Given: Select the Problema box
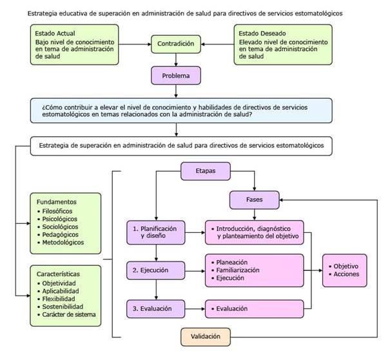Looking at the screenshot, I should tap(176, 76).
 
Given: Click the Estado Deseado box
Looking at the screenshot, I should tap(282, 45).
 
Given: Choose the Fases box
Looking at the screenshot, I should tap(254, 200).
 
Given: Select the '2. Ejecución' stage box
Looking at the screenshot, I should tap(155, 270).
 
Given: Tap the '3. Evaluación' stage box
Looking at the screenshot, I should tap(155, 309).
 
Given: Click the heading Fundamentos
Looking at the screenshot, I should tap(57, 201).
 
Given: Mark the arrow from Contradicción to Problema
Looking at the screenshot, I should tap(176, 60).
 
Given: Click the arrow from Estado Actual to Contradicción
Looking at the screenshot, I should tap(135, 45).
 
